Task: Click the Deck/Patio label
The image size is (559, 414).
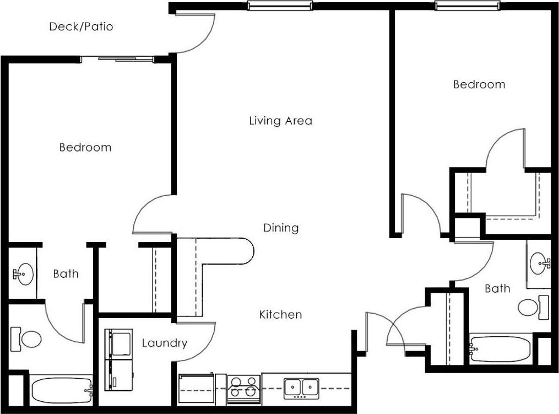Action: (81, 26)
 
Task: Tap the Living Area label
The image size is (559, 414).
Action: (280, 121)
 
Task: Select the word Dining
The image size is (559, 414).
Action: (281, 228)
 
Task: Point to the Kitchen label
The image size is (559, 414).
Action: (280, 315)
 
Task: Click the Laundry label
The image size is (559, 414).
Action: (164, 343)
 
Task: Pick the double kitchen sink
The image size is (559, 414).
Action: (301, 388)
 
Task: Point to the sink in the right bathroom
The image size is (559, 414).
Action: (539, 263)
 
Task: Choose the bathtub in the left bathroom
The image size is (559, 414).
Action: (61, 390)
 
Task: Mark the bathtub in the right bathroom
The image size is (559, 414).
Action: (500, 349)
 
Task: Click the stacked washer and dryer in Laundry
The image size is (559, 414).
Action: (118, 359)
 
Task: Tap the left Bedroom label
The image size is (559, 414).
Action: (85, 147)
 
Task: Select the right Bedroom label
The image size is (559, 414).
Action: (479, 84)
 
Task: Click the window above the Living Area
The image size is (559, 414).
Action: (279, 6)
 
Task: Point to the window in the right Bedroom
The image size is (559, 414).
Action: (468, 6)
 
